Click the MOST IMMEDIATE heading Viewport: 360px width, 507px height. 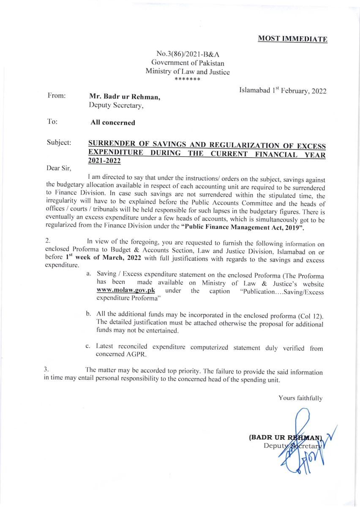[x=292, y=39]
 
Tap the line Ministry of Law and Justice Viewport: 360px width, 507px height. [x=188, y=71]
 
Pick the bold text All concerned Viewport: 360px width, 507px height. [x=113, y=123]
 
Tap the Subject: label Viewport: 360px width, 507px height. [x=59, y=143]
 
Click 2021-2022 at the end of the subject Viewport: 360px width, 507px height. [x=104, y=161]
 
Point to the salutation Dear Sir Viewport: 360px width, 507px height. [x=58, y=168]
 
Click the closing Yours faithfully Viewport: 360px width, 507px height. [x=300, y=398]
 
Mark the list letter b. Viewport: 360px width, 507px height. [x=88, y=316]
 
